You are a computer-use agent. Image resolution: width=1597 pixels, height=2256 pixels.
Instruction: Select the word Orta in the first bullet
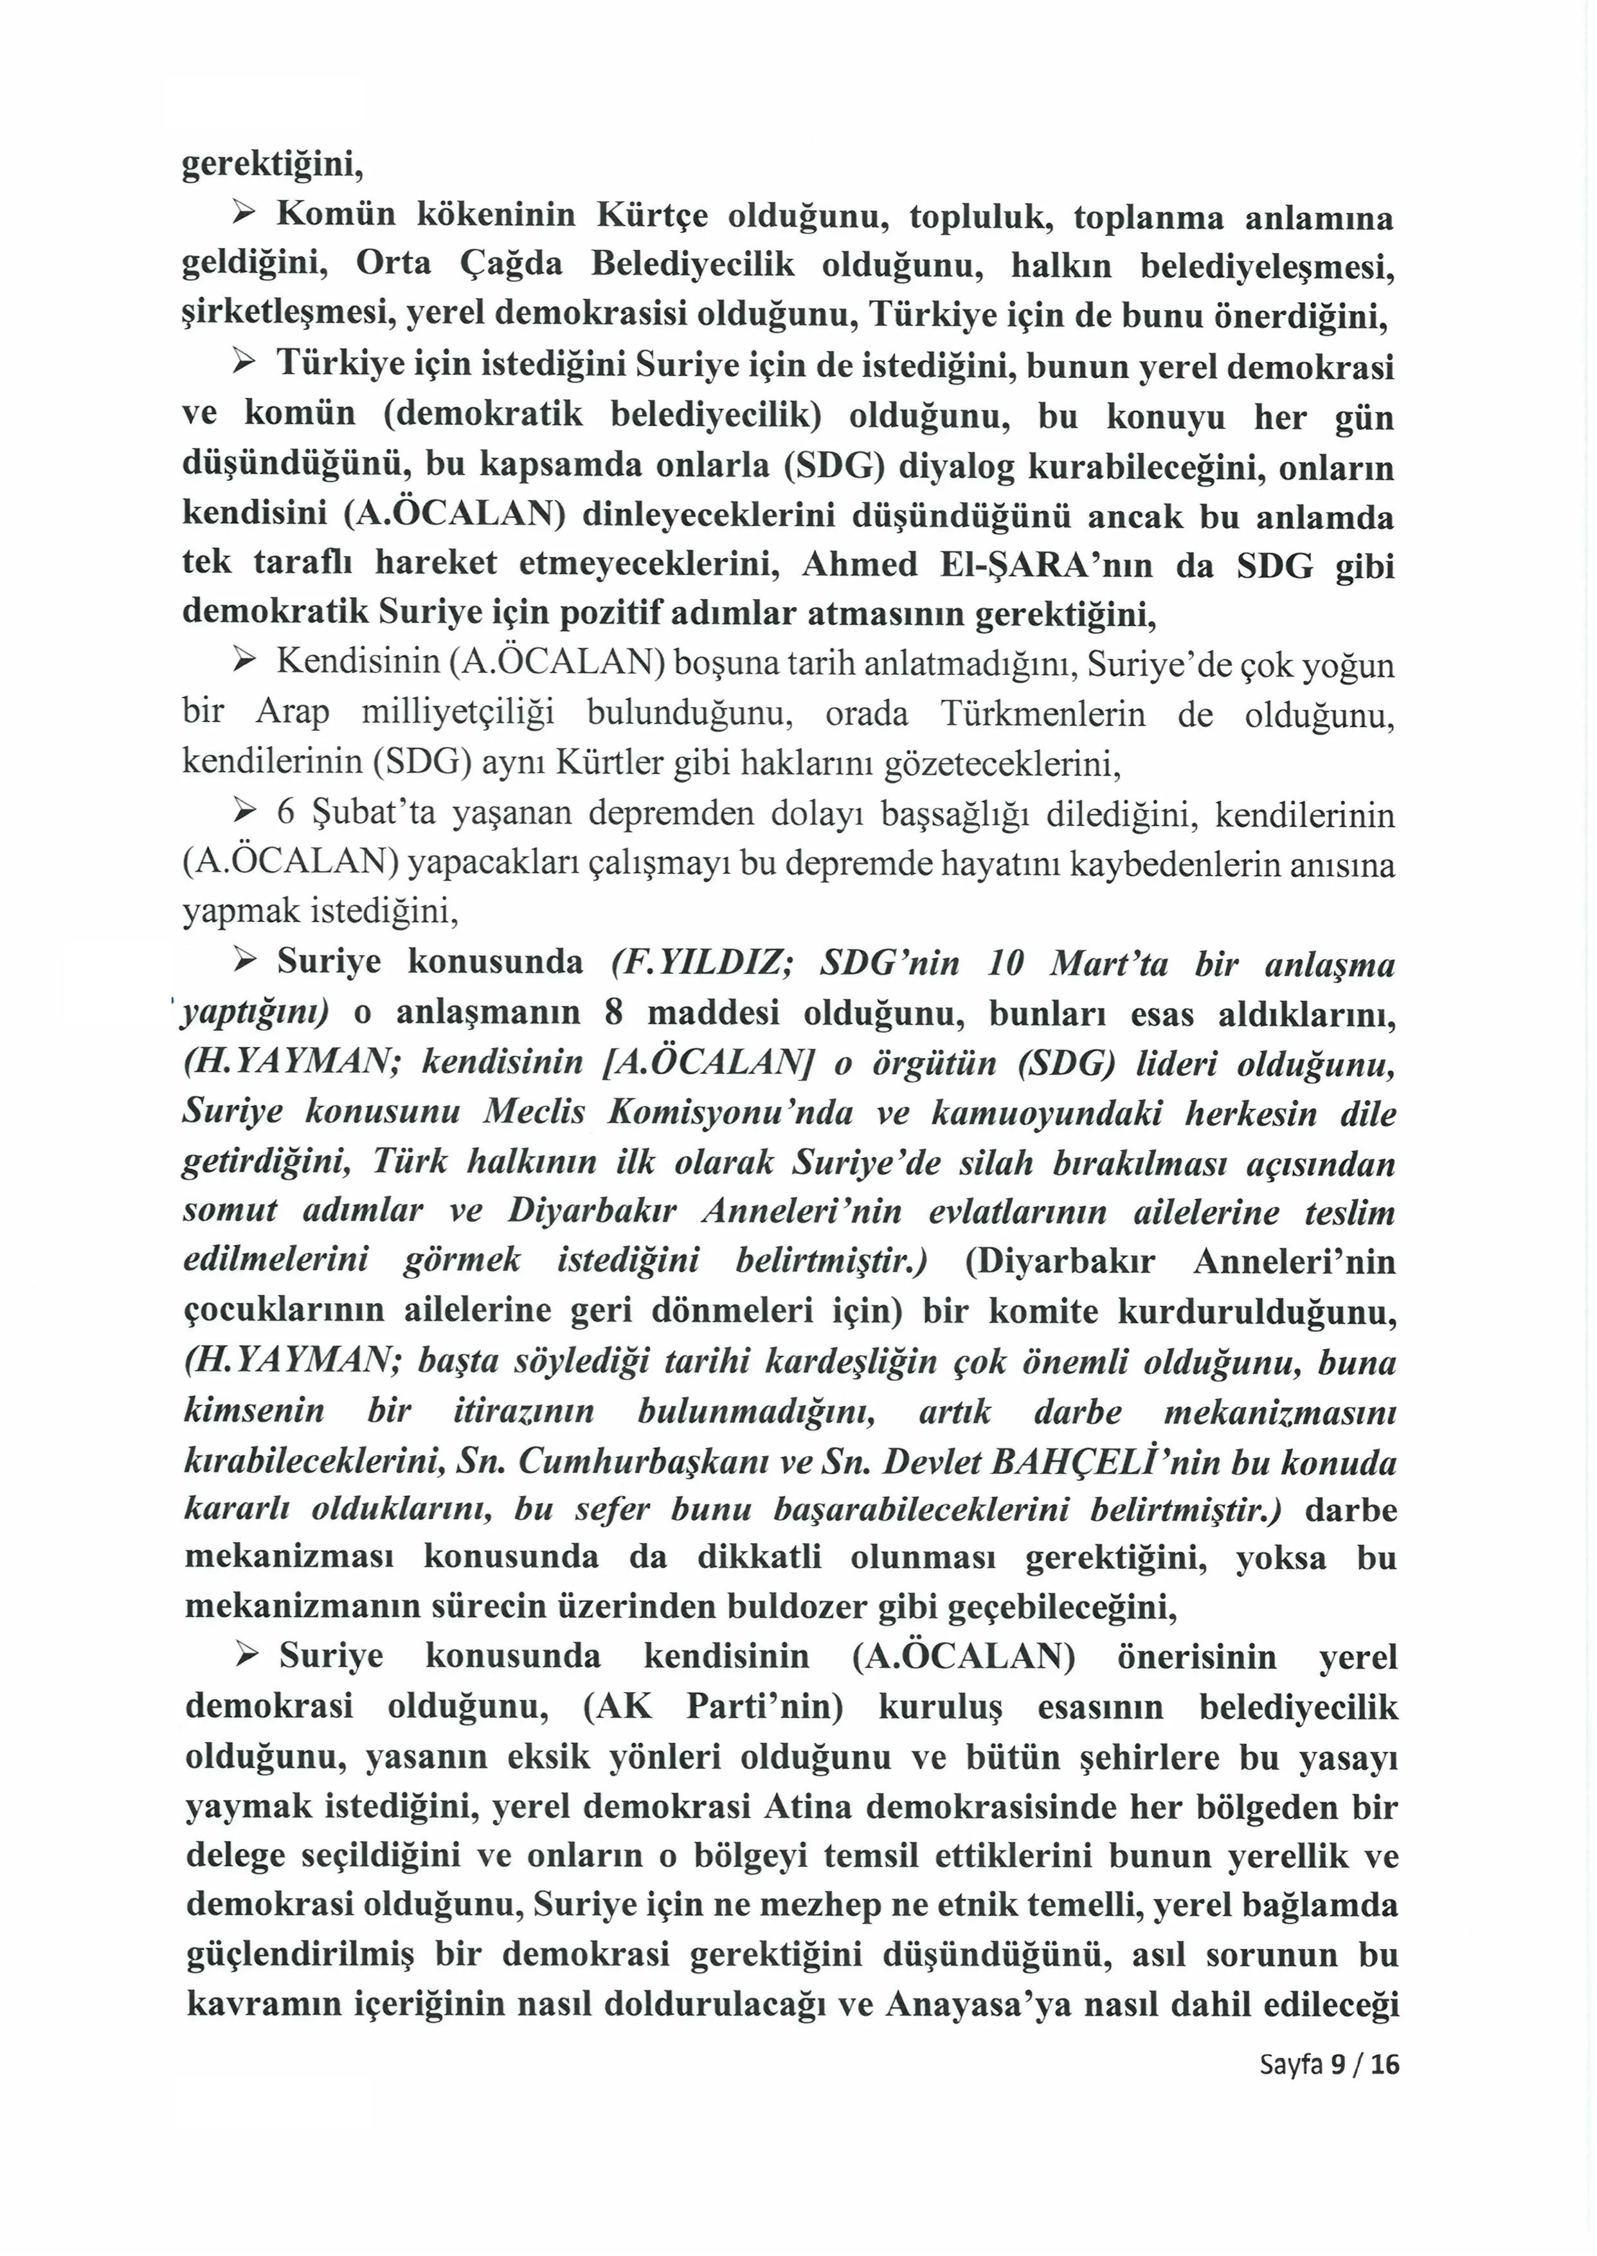[393, 264]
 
